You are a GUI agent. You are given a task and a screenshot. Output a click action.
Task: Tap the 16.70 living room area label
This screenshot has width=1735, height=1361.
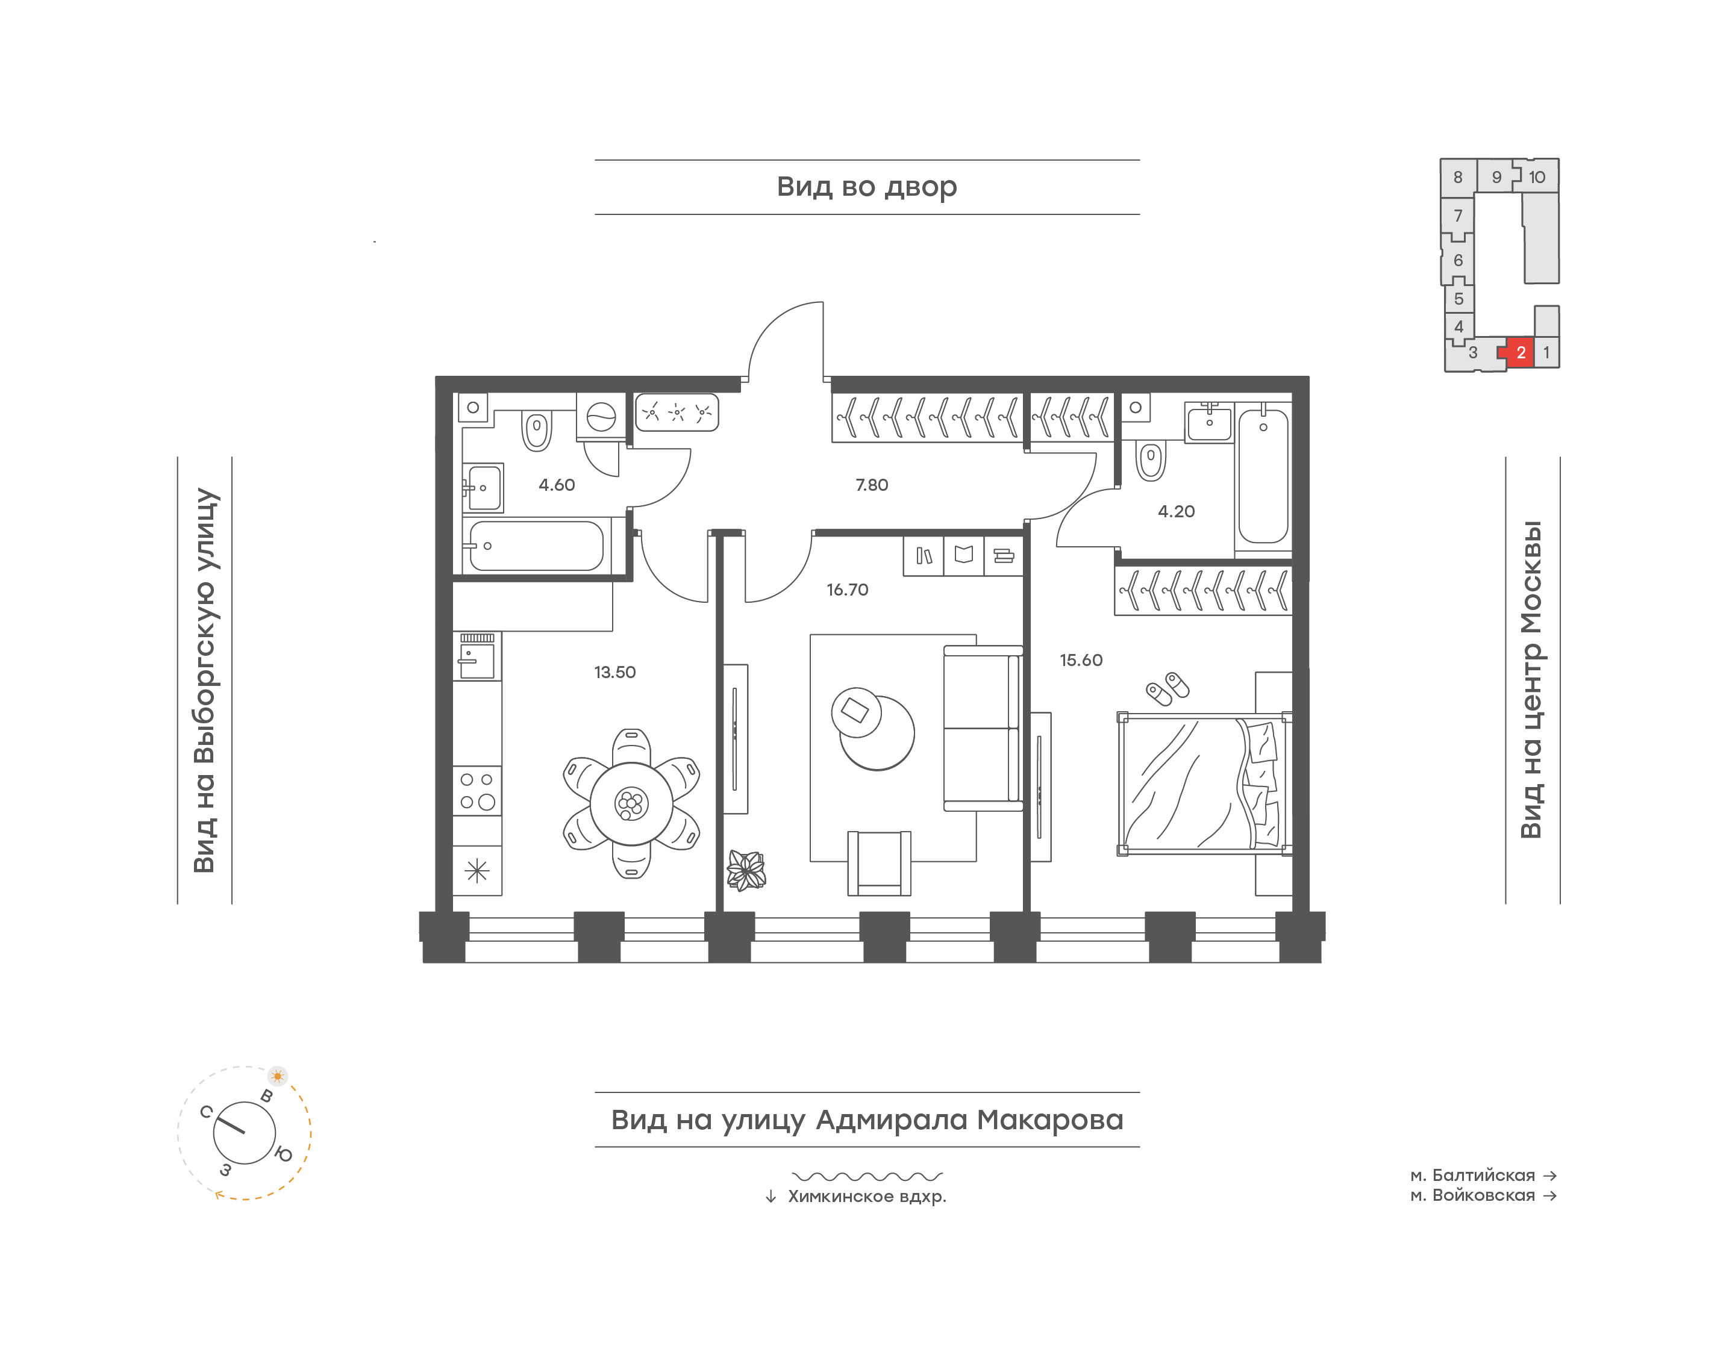tap(847, 590)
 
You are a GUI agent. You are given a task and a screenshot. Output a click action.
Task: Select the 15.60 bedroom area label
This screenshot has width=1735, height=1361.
tap(1081, 660)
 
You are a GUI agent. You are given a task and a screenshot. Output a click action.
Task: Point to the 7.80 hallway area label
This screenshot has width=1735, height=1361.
tap(871, 484)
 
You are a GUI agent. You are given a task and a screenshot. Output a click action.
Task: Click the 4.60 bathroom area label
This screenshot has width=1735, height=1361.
tap(556, 484)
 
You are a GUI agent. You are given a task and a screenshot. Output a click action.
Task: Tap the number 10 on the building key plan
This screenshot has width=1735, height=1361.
tap(1537, 177)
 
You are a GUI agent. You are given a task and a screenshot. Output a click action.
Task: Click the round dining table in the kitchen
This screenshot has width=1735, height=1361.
tap(631, 803)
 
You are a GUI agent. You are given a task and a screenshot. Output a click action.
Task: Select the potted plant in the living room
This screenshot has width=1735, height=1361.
tap(746, 870)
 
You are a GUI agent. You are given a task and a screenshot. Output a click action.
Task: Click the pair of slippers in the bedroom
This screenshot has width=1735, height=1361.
tap(1168, 688)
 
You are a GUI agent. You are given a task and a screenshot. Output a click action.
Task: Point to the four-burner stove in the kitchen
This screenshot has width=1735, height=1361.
tap(477, 791)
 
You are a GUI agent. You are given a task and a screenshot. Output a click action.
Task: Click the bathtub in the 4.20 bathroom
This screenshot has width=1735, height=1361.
tap(1263, 476)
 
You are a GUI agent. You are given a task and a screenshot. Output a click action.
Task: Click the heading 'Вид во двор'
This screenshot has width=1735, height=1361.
tap(866, 187)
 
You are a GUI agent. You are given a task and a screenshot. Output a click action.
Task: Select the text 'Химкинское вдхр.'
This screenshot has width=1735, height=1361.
tap(866, 1196)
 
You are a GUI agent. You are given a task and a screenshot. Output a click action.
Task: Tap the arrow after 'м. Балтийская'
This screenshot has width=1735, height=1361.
tap(1549, 1176)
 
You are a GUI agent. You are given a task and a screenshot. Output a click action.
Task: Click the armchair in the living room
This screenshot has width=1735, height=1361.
tap(879, 863)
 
